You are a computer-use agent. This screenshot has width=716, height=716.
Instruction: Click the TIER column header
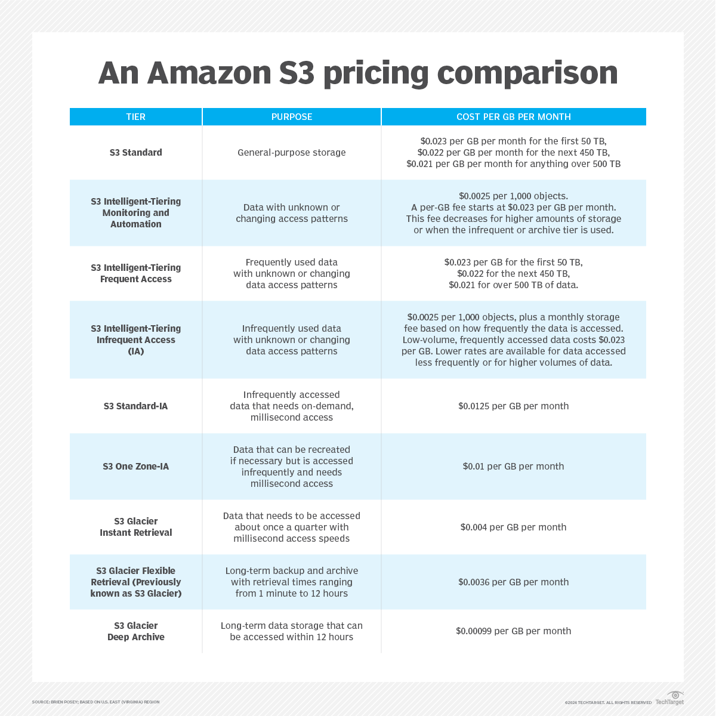(x=135, y=117)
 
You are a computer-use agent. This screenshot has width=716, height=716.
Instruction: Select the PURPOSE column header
(x=292, y=117)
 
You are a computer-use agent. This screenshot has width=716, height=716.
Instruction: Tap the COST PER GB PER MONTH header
(x=513, y=117)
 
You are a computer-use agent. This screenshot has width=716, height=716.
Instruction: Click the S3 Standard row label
(x=135, y=153)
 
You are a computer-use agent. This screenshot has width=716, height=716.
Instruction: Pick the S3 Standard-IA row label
(x=135, y=406)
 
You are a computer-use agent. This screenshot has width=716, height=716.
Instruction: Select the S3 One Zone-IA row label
(x=135, y=467)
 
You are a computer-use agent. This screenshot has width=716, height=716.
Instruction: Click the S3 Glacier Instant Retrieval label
(x=135, y=527)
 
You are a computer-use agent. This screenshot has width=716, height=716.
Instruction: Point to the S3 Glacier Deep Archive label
(x=135, y=631)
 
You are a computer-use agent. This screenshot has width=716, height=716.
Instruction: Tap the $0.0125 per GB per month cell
(x=513, y=406)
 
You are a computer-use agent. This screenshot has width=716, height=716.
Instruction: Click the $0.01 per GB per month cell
(x=513, y=467)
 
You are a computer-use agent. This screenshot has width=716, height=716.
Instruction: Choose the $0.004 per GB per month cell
(x=513, y=527)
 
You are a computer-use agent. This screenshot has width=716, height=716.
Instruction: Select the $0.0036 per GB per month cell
(x=513, y=582)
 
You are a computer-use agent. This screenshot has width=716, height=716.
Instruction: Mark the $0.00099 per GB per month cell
(x=513, y=631)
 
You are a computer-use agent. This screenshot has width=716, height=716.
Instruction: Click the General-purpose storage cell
(x=292, y=153)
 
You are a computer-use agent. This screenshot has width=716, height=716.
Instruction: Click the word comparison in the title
(x=527, y=73)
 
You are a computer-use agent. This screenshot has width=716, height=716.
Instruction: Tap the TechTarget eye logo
(x=675, y=695)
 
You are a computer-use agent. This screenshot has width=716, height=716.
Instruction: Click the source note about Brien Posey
(x=96, y=702)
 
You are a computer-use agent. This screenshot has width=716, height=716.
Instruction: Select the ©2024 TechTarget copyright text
(x=608, y=702)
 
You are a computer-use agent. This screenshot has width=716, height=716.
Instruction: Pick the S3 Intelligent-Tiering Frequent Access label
(x=135, y=273)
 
